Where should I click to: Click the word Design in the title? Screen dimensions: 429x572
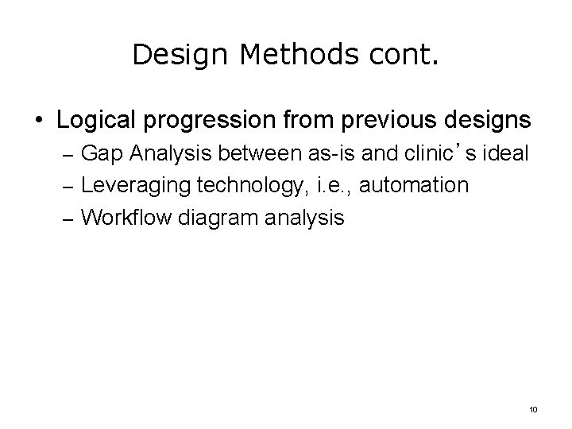click(169, 55)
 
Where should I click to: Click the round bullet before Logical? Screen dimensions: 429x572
click(39, 122)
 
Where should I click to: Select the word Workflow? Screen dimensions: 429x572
click(123, 216)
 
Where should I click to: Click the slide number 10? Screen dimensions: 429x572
click(532, 409)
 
